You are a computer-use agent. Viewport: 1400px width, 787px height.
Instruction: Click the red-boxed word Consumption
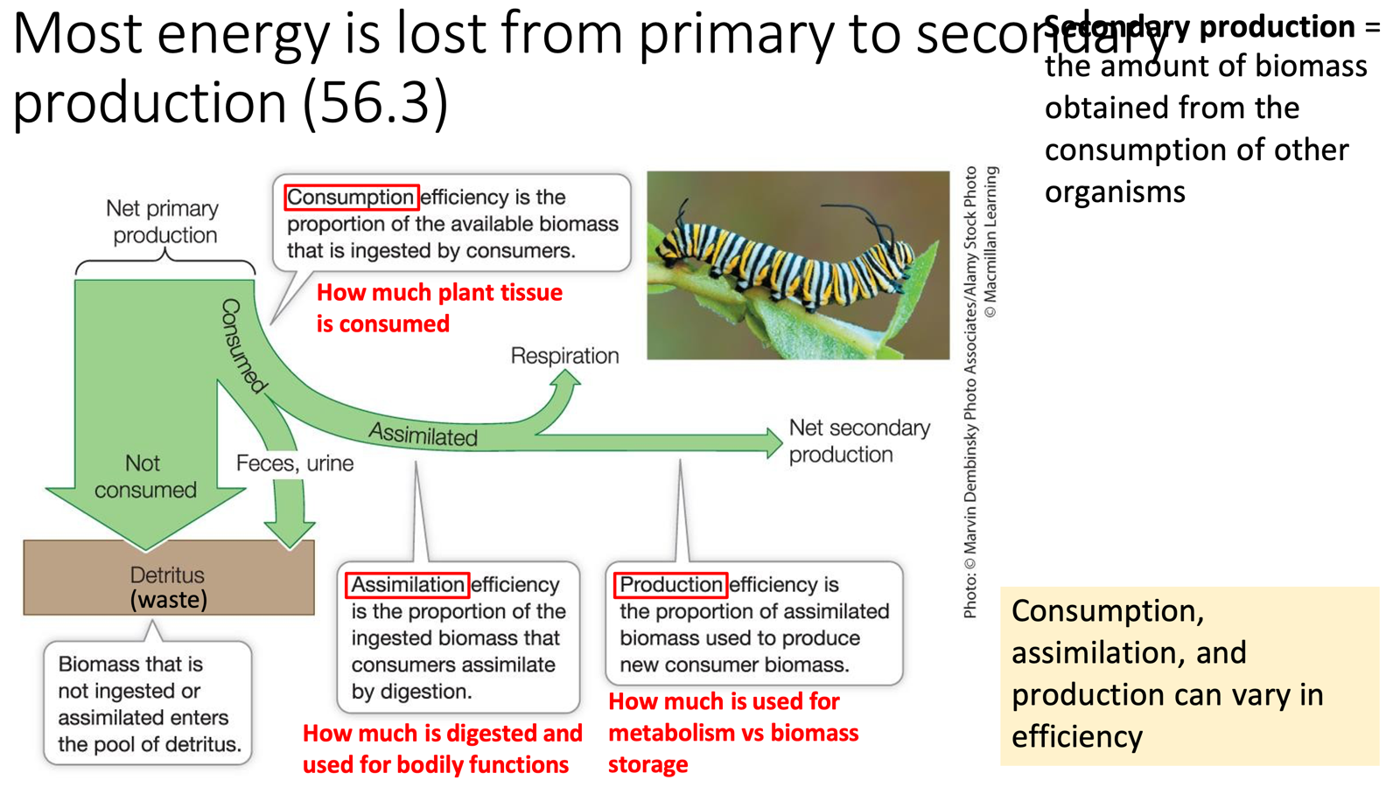click(x=351, y=198)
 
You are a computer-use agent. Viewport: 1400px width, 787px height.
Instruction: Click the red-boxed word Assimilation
click(x=407, y=584)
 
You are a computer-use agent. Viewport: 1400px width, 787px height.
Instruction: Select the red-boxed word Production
click(x=670, y=584)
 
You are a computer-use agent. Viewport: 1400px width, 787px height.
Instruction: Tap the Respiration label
click(x=564, y=356)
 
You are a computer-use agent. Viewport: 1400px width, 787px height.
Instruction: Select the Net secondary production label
click(x=858, y=441)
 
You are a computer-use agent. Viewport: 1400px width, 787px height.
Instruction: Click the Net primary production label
click(x=164, y=221)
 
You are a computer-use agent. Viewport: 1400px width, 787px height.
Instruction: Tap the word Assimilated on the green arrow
click(x=423, y=435)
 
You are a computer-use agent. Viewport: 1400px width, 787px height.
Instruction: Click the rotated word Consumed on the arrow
click(x=241, y=345)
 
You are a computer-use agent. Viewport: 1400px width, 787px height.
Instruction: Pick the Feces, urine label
click(x=295, y=463)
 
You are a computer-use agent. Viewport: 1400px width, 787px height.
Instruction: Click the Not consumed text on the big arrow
click(x=145, y=477)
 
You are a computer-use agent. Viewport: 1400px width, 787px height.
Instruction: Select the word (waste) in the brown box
click(x=169, y=600)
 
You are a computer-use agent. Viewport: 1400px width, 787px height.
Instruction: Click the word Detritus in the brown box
click(x=167, y=575)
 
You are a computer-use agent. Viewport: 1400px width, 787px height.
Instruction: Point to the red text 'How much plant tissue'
click(x=439, y=292)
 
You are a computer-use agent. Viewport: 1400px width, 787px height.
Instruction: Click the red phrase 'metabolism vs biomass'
click(x=733, y=733)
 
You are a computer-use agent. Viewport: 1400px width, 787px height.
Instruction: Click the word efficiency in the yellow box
click(x=1076, y=736)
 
